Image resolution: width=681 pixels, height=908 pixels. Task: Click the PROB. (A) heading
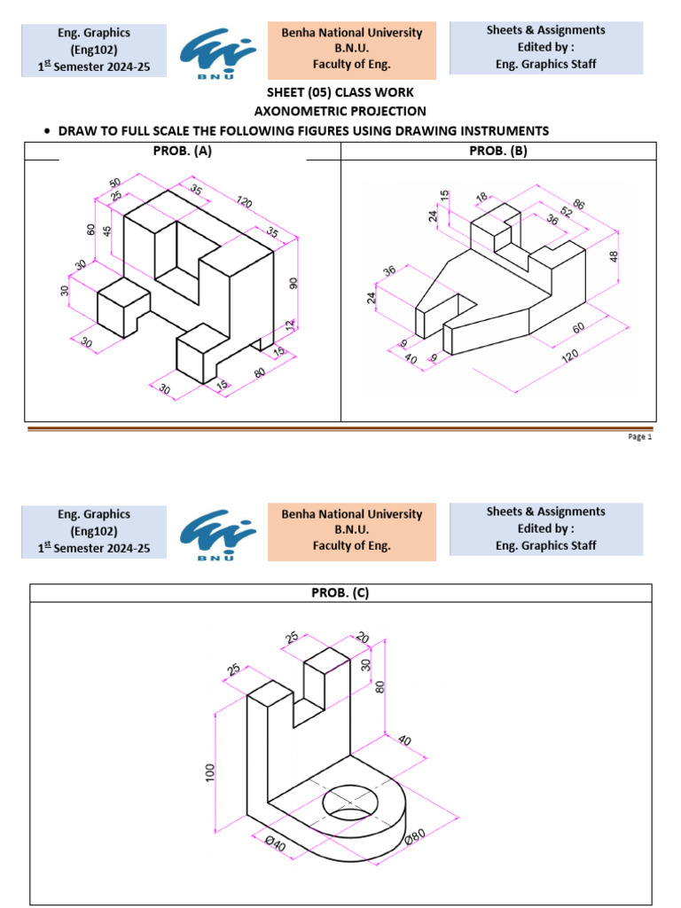click(183, 151)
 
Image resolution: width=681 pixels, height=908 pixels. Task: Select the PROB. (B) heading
click(497, 151)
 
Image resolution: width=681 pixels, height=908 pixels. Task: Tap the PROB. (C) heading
click(340, 593)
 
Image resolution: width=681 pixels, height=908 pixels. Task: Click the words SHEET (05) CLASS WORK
click(340, 93)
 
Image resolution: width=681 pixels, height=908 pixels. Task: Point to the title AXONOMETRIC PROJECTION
click(340, 111)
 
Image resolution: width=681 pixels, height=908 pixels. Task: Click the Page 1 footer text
click(639, 437)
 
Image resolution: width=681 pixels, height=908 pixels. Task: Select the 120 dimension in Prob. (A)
click(244, 202)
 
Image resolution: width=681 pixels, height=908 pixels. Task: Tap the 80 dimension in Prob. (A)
click(259, 372)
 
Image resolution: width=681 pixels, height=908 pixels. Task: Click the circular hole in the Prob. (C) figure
click(353, 802)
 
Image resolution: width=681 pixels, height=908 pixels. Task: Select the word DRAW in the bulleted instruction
click(75, 131)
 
